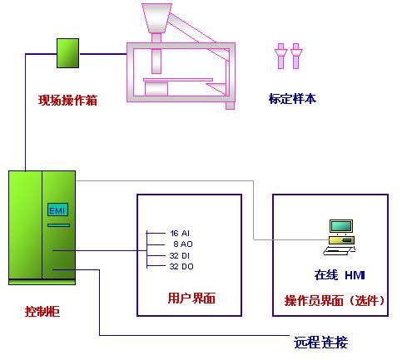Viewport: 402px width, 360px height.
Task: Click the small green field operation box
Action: click(x=67, y=53)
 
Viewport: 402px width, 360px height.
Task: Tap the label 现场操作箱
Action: click(x=67, y=100)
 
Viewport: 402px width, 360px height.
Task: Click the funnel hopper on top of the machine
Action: click(x=156, y=17)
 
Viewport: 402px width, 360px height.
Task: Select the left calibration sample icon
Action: click(x=280, y=56)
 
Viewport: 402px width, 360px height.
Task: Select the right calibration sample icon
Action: click(x=296, y=56)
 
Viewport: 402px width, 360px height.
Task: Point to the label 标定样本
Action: click(x=292, y=99)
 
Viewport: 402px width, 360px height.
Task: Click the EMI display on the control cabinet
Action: click(x=57, y=210)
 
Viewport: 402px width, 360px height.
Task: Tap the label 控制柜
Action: click(x=42, y=312)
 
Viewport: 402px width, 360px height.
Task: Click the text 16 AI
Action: click(x=180, y=234)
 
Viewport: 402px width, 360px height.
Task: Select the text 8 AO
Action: click(x=183, y=244)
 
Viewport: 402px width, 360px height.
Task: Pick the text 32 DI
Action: click(x=180, y=255)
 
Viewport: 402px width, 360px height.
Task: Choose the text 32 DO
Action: click(x=181, y=267)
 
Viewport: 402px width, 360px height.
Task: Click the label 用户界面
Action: click(x=191, y=298)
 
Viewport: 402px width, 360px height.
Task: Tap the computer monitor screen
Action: click(x=341, y=226)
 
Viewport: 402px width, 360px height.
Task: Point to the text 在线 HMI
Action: click(x=340, y=275)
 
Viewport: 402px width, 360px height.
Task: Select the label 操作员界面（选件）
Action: click(x=335, y=300)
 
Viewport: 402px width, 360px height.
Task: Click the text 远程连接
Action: click(x=321, y=342)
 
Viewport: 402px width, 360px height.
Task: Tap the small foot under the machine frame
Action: click(x=230, y=106)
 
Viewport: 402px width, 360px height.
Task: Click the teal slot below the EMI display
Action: click(x=58, y=225)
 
